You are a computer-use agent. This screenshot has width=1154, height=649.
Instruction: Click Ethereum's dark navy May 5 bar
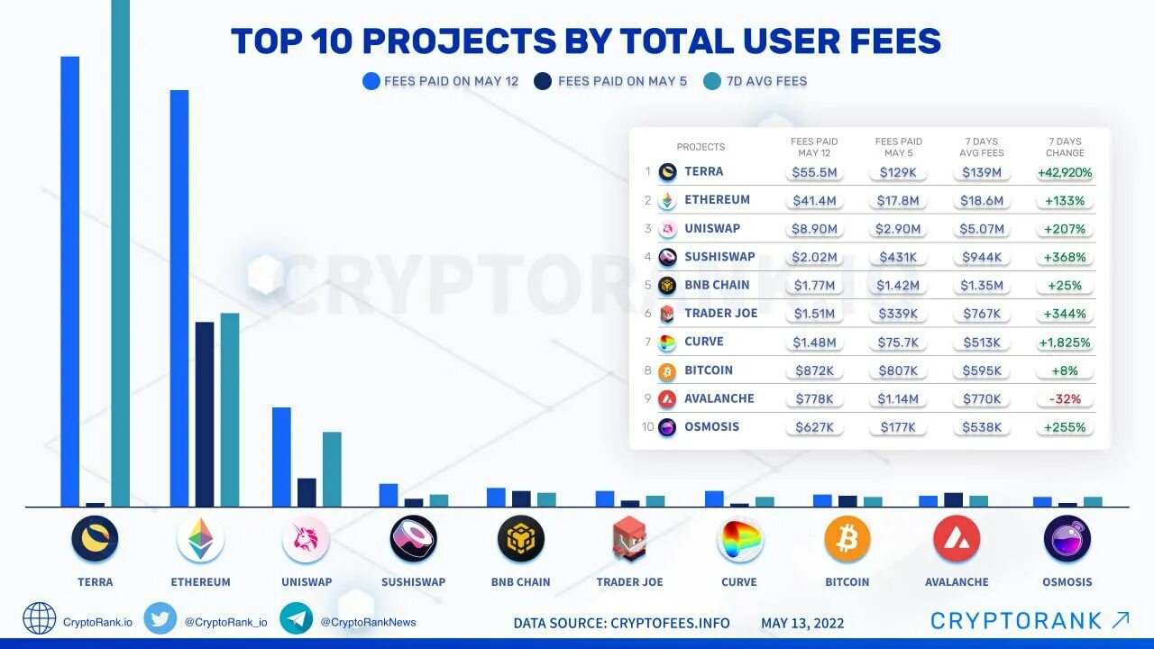(x=205, y=415)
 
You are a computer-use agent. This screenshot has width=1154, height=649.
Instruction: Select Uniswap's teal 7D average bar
(x=332, y=470)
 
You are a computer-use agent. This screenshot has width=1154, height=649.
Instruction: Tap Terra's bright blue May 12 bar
(x=70, y=282)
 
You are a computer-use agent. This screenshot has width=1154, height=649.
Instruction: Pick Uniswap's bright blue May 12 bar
(x=281, y=457)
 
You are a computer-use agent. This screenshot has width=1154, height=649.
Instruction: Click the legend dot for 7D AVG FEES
(x=711, y=81)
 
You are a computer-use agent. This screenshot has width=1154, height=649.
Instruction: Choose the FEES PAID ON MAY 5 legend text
(x=622, y=81)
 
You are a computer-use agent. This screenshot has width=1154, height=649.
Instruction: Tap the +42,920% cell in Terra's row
(x=1065, y=172)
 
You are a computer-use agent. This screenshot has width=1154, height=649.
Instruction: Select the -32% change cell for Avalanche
(x=1065, y=398)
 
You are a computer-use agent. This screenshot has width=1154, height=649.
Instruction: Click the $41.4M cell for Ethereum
(x=814, y=200)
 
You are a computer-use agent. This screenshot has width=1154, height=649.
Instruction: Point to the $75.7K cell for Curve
(x=898, y=342)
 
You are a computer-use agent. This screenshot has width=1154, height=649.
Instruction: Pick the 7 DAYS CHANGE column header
(x=1065, y=147)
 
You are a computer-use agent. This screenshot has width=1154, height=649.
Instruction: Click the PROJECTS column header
(x=701, y=147)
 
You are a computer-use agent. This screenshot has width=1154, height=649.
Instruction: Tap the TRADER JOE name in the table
(x=720, y=313)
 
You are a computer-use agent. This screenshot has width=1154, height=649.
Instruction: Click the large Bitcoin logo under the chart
(x=847, y=539)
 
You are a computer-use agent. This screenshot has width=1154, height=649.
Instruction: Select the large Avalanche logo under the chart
(x=957, y=539)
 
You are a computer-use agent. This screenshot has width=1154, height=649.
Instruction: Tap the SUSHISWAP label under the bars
(x=413, y=582)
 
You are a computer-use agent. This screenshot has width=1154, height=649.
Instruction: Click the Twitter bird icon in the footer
(x=160, y=618)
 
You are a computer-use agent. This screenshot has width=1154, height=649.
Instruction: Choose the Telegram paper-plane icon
(x=297, y=618)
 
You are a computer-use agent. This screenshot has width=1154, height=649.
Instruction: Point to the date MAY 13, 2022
(x=802, y=623)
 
